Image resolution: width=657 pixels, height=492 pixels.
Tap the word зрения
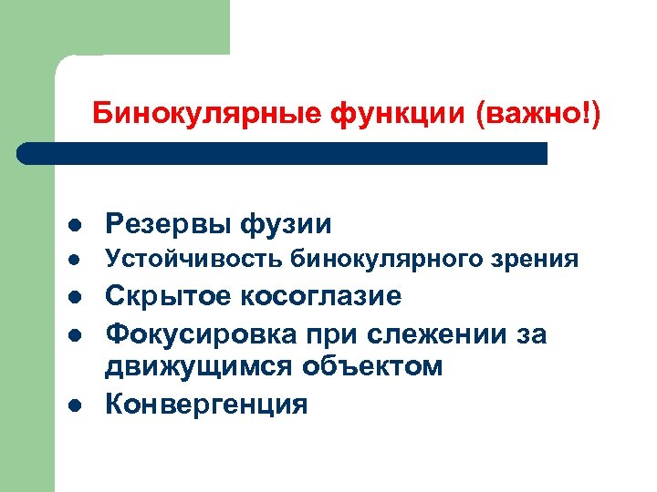pyautogui.click(x=541, y=260)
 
